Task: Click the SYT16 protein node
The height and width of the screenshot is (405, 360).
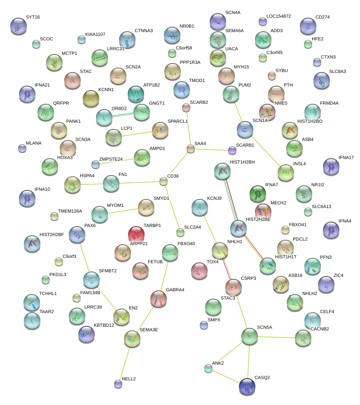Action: pos(18,26)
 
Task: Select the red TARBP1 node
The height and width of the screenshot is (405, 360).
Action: pos(136,234)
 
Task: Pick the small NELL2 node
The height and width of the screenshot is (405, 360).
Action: pos(118,384)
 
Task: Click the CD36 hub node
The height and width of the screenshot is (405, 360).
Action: pos(164,181)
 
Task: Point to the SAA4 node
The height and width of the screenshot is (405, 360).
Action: pos(190,149)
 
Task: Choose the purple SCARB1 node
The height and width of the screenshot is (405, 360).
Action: pos(232,150)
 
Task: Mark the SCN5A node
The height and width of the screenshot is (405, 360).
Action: pos(249,336)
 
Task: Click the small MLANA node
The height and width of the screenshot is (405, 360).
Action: pos(22,148)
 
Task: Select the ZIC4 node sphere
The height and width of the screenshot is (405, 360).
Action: pos(326,283)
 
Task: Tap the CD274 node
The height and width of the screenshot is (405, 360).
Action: pos(308,26)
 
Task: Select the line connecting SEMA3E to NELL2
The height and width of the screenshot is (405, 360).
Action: pos(124,361)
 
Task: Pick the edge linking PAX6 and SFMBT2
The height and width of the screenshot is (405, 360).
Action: pos(84,257)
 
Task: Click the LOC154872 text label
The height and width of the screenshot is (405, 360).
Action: pos(278,16)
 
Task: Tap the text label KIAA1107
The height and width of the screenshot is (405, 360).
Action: pos(95,34)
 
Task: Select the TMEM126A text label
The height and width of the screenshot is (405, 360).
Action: pos(70,211)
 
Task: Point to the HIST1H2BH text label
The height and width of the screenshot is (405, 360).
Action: pos(242,162)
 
